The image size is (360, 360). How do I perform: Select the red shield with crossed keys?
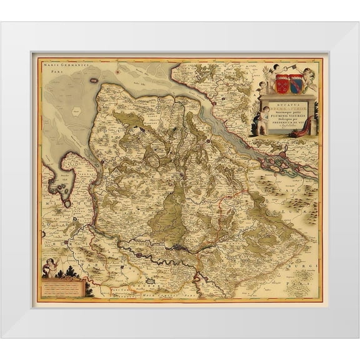[282, 83]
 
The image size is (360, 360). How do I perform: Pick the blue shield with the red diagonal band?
[296, 83]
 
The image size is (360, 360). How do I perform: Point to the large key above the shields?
[288, 71]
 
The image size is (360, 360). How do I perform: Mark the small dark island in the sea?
[94, 80]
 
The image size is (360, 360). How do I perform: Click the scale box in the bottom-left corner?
[62, 288]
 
